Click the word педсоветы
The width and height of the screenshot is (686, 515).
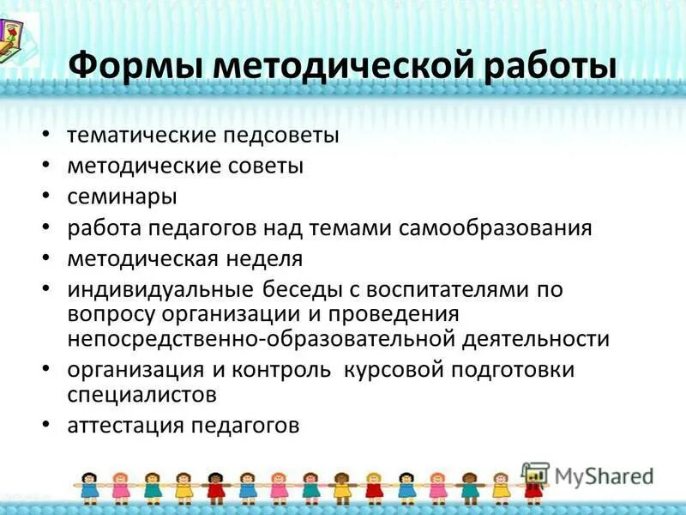click(x=283, y=135)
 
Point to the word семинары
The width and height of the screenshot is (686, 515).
click(x=122, y=197)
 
